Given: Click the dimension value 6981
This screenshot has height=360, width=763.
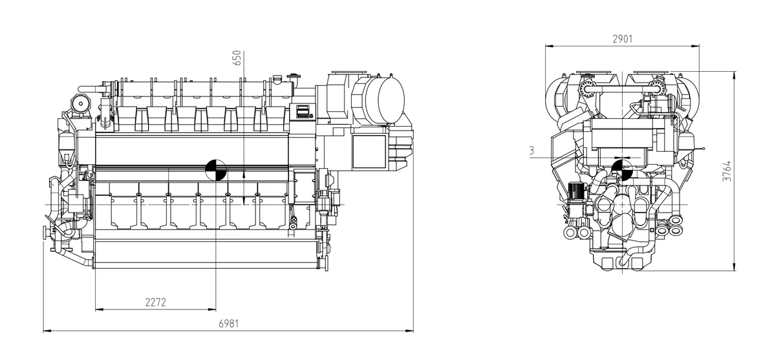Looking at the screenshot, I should coord(228,324).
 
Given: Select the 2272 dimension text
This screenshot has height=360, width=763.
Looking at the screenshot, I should coord(155,302).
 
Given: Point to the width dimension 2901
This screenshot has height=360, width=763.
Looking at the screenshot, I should coord(622,39).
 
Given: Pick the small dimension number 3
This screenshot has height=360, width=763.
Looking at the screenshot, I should coord(531,151).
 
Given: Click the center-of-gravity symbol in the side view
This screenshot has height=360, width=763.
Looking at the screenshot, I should coord(216,170).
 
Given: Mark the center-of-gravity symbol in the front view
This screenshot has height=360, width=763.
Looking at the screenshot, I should coord(622,168).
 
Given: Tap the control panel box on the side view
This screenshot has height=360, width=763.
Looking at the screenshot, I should coord(302,111).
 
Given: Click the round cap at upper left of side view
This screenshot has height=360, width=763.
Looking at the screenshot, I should coord(80,102).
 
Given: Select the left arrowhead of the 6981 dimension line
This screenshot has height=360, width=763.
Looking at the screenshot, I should coord(45,331).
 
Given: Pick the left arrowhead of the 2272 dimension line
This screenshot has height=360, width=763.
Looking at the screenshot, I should coord(98,310).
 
